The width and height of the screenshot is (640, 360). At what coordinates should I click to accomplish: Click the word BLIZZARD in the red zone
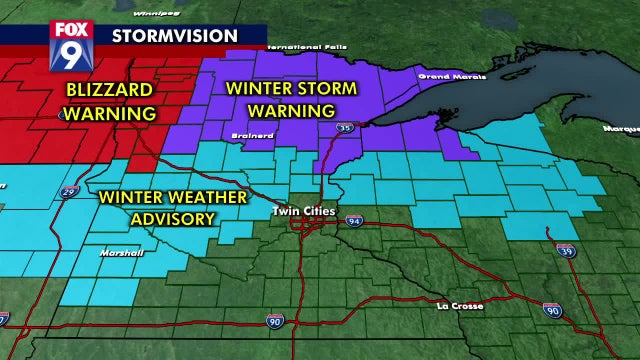(x=110, y=91)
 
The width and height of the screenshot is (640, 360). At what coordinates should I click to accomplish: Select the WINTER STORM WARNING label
(x=291, y=98)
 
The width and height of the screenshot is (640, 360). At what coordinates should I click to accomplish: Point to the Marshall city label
(x=122, y=253)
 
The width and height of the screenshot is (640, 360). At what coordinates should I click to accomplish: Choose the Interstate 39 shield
(x=566, y=249)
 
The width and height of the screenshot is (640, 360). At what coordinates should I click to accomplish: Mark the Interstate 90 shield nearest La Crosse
(x=552, y=311)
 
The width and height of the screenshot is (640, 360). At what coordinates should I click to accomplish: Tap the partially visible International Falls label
(x=311, y=46)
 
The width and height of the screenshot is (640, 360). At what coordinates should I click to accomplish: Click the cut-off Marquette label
(x=621, y=128)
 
